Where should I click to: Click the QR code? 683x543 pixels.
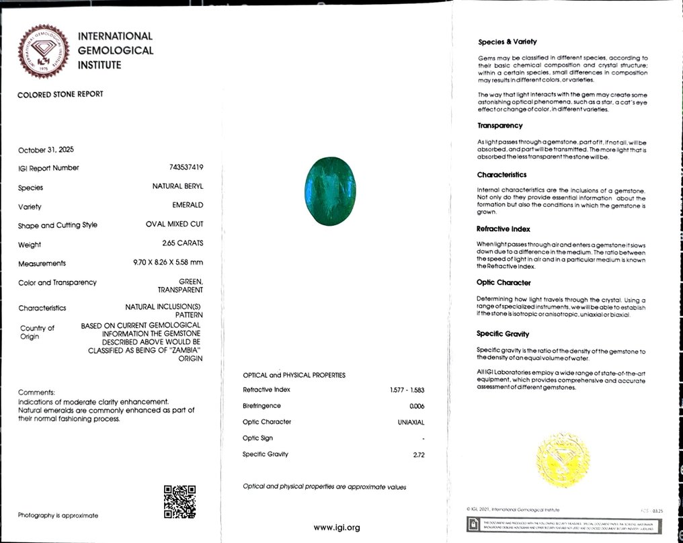coord(179,501)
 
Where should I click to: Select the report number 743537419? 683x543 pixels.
coord(183,168)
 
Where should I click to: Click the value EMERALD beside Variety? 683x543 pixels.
coord(188,205)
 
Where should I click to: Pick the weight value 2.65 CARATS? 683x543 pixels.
coord(182,243)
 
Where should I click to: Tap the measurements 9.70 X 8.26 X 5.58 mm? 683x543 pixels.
coord(168,263)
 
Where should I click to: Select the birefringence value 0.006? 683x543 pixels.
coord(417,406)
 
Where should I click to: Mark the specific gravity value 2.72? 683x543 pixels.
coord(419,455)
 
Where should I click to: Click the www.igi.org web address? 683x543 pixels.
coord(337,528)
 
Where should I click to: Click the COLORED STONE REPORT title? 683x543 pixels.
coord(61,95)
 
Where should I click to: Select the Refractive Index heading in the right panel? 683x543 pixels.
coord(504,229)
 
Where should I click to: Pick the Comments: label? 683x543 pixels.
coord(36,392)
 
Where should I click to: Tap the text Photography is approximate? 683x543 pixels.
coord(58,515)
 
